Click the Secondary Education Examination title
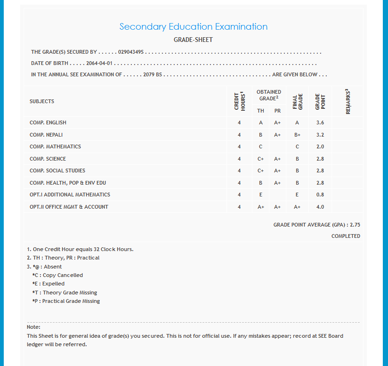click(x=193, y=27)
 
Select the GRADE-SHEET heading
click(x=193, y=40)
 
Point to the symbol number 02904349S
click(x=131, y=52)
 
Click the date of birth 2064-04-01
click(x=100, y=63)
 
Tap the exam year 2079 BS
click(x=153, y=74)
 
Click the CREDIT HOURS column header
click(x=240, y=101)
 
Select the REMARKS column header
click(x=348, y=101)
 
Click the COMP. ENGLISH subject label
click(x=48, y=123)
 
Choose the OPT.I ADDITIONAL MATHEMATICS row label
click(x=70, y=195)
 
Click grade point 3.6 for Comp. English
click(x=320, y=123)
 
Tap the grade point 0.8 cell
click(x=320, y=195)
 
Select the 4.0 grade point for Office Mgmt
click(x=320, y=207)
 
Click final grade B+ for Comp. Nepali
click(x=297, y=135)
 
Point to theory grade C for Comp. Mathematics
click(x=260, y=146)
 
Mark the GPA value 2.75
click(x=355, y=225)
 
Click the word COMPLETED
click(x=346, y=236)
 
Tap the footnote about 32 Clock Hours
click(x=80, y=249)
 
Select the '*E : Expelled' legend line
click(x=48, y=284)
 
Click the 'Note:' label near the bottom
click(x=33, y=326)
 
